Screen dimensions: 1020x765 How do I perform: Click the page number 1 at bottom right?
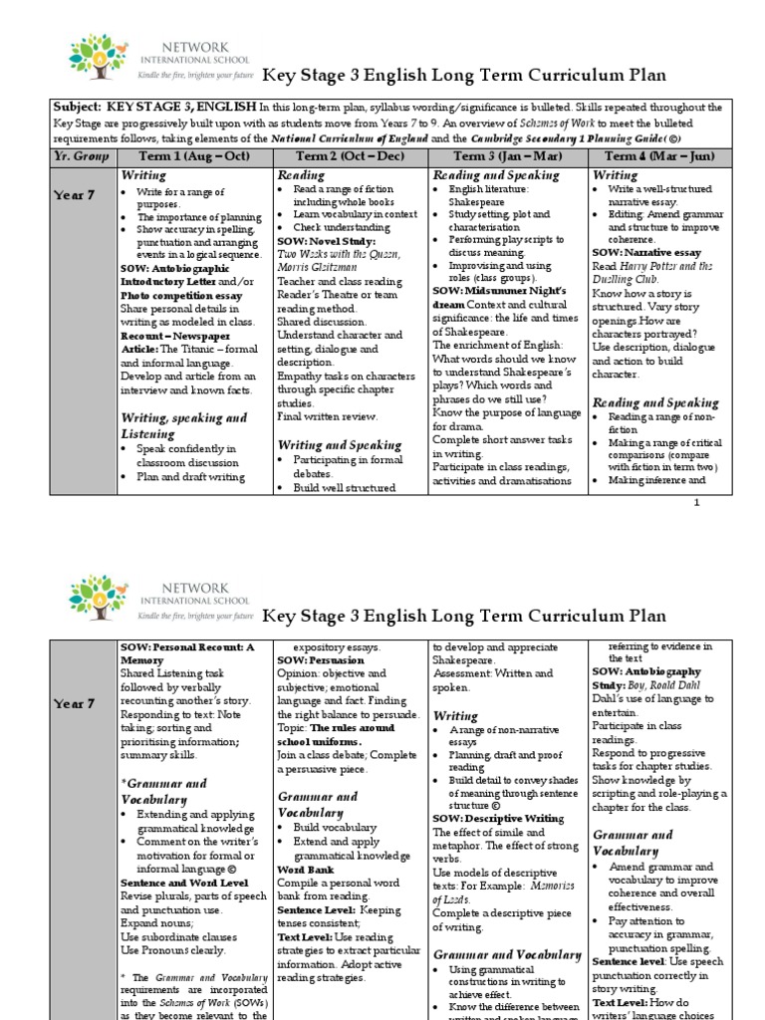697,502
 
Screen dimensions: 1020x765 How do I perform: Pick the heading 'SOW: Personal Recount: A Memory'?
186,653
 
